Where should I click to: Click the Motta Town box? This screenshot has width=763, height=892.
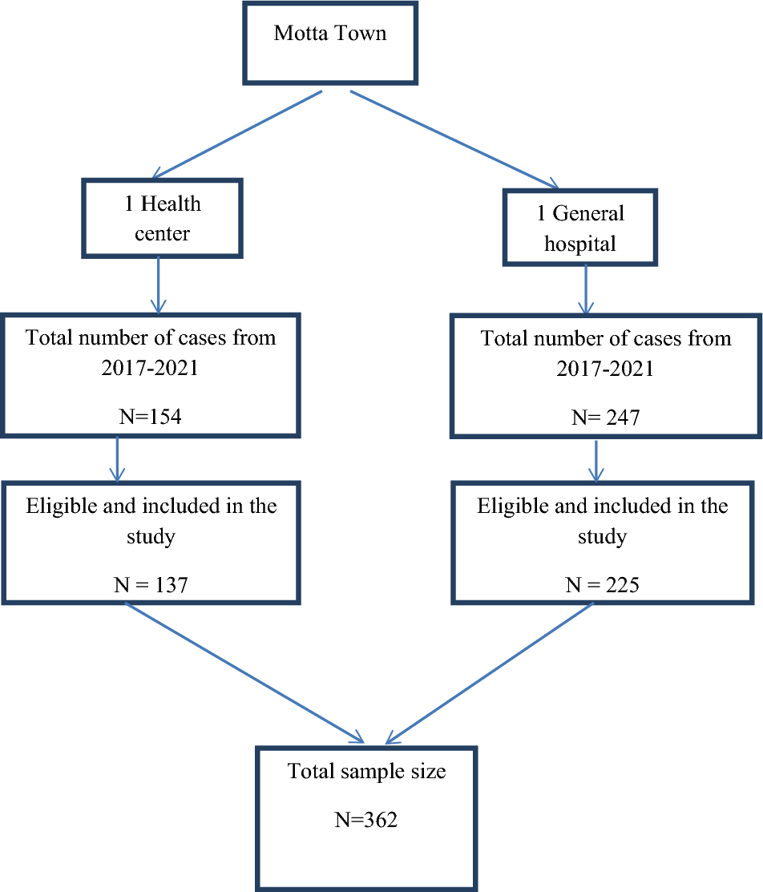click(329, 42)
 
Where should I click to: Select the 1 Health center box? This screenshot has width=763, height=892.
click(163, 217)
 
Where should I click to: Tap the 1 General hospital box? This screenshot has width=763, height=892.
click(579, 228)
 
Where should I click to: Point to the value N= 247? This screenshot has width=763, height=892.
click(604, 417)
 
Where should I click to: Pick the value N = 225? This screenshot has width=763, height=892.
click(602, 585)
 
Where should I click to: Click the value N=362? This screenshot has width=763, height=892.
click(365, 820)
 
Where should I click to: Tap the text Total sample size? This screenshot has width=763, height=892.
click(366, 772)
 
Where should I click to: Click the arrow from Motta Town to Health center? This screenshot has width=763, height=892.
click(237, 133)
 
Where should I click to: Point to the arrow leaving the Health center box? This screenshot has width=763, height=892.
click(158, 285)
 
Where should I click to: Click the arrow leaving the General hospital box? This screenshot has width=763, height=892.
click(587, 289)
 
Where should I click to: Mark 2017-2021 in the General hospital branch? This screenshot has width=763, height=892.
click(604, 369)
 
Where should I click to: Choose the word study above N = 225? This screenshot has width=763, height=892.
click(602, 536)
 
